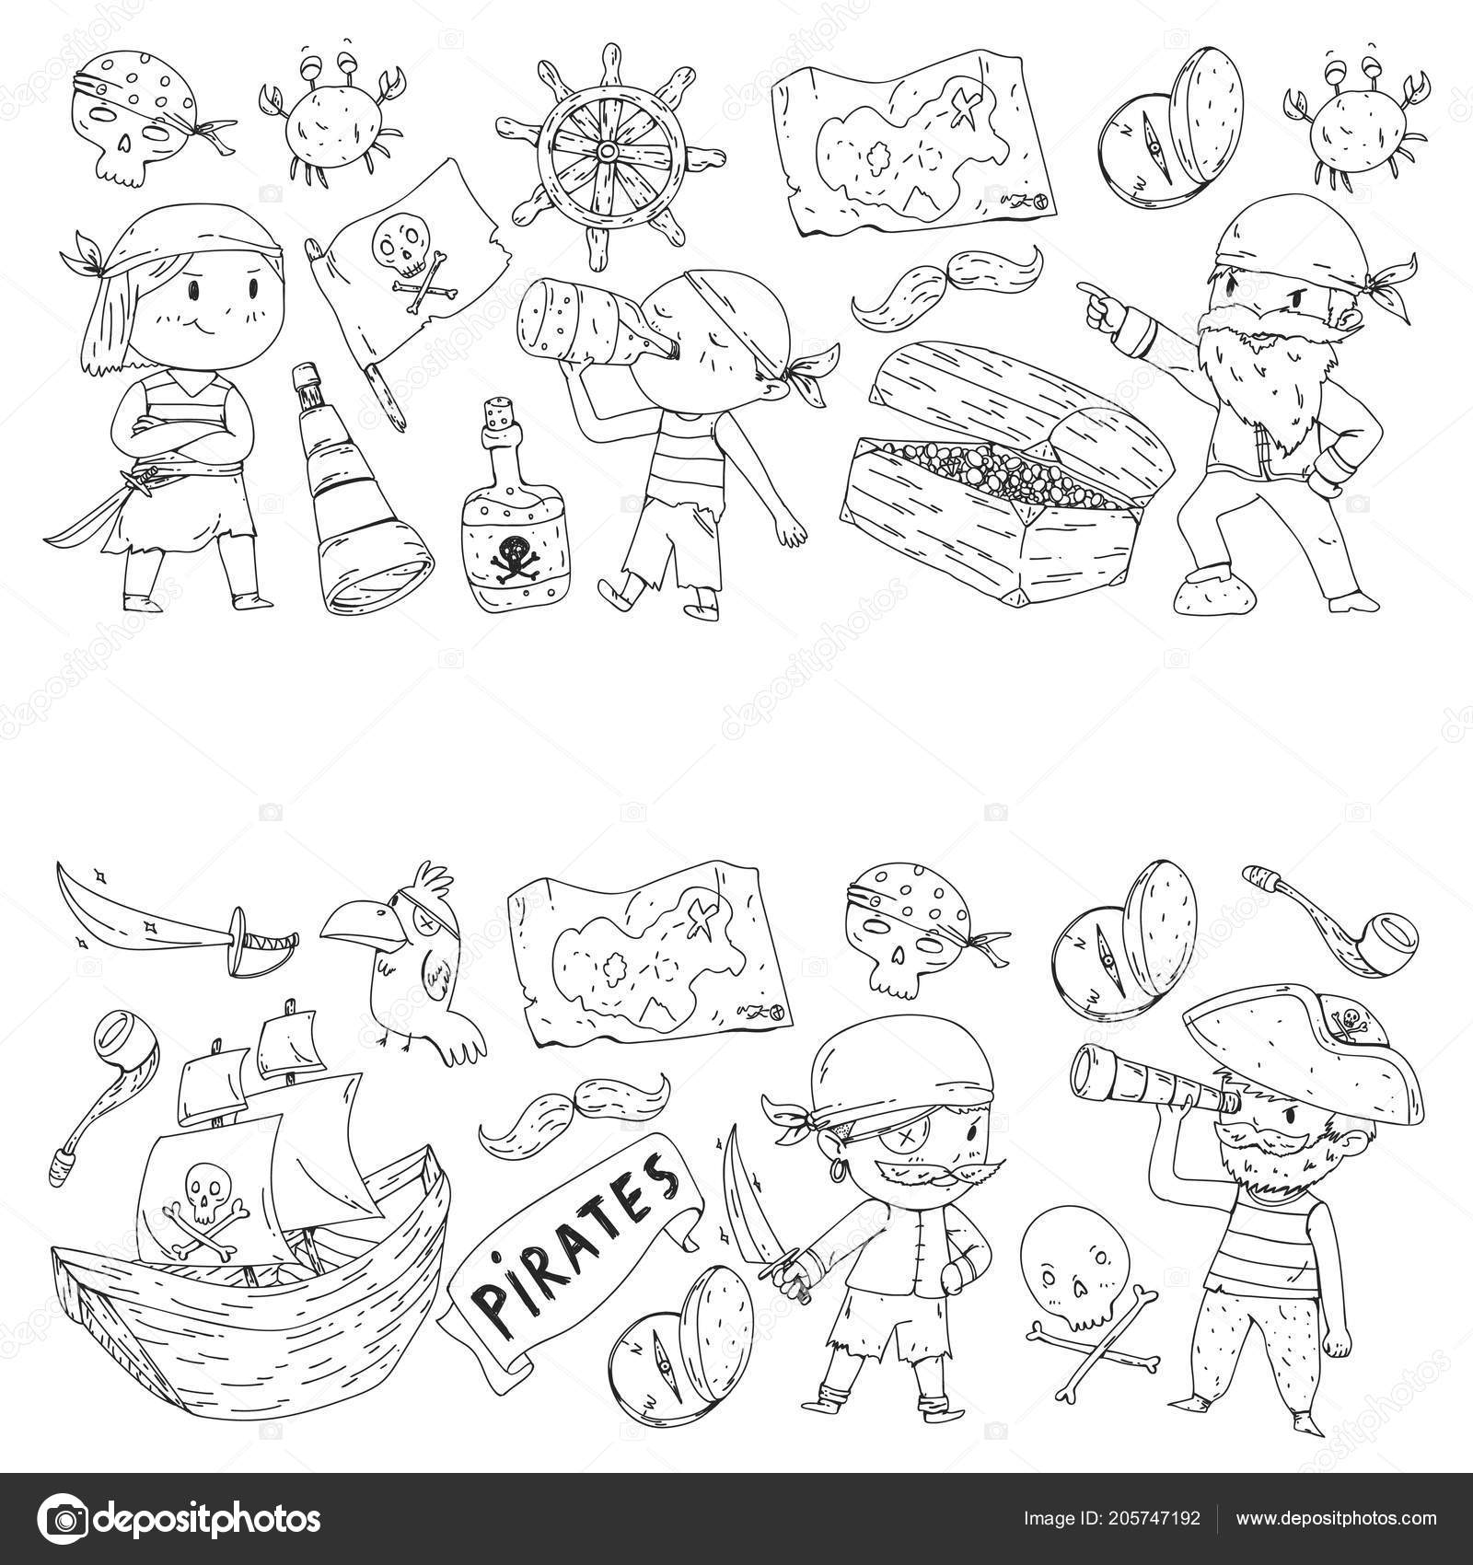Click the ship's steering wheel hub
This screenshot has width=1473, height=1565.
(x=607, y=150)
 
